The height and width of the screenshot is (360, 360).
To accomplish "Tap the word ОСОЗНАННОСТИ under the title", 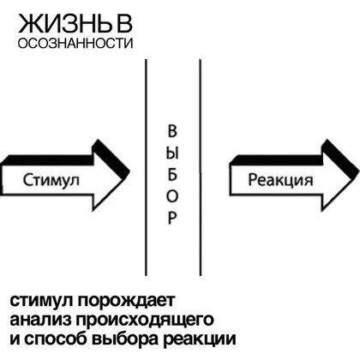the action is pos(75,43).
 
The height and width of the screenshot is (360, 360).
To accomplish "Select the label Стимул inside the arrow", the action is pos(51,180).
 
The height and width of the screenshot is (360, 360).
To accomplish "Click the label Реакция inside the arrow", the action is pos(280,180).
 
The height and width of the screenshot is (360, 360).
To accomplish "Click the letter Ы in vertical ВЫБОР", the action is pos(172,154).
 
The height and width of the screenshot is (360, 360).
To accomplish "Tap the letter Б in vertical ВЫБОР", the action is pos(171,175).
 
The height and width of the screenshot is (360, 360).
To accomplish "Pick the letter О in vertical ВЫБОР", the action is pos(172,196).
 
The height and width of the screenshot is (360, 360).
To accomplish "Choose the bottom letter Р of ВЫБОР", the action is pos(172,218).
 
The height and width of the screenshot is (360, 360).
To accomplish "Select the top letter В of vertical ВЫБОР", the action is pos(172,131).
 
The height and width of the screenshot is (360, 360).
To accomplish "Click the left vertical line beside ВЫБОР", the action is pos(146,167).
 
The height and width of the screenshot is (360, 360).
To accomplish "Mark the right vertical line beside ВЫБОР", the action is pos(200,167).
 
